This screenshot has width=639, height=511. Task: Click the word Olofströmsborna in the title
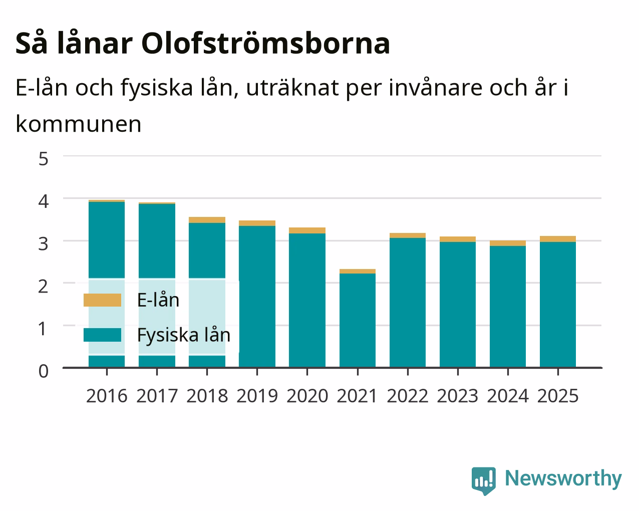(265, 44)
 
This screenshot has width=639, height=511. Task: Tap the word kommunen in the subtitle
(79, 124)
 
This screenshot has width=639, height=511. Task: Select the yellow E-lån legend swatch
(103, 300)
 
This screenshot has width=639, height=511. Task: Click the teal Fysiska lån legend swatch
(103, 335)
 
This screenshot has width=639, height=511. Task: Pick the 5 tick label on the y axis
(44, 159)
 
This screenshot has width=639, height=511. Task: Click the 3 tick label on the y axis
(44, 244)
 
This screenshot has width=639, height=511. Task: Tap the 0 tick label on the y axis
(44, 371)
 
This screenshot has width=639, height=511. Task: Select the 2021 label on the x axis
(357, 396)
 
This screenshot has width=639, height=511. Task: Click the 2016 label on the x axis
(107, 396)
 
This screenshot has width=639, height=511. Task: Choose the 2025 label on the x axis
(558, 396)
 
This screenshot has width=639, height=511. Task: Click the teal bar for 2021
(358, 320)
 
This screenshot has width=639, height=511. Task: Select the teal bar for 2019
(257, 297)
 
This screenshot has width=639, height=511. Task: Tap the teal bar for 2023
(458, 305)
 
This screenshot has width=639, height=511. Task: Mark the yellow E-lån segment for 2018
(207, 220)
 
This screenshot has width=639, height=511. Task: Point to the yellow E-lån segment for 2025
(558, 239)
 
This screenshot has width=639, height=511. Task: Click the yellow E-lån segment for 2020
(307, 230)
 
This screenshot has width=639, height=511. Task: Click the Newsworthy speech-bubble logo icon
(483, 481)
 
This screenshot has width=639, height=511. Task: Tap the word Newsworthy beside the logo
(563, 479)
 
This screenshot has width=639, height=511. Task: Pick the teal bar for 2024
(508, 307)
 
